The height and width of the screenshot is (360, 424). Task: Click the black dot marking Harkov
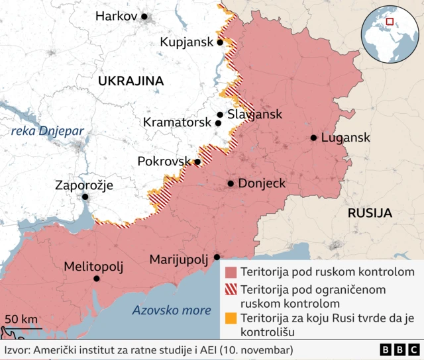pyautogui.click(x=144, y=17)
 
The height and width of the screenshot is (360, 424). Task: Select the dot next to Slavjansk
pyautogui.click(x=220, y=114)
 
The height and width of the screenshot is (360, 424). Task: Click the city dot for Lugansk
pyautogui.click(x=313, y=138)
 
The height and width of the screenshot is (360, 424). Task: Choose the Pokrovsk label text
pyautogui.click(x=164, y=161)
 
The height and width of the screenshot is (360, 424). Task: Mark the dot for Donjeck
pyautogui.click(x=231, y=183)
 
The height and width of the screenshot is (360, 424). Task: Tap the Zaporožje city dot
pyautogui.click(x=85, y=197)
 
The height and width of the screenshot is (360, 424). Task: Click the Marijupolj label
pyautogui.click(x=179, y=258)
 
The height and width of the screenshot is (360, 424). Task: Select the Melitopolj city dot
pyautogui.click(x=97, y=279)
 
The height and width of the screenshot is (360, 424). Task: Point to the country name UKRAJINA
pyautogui.click(x=131, y=81)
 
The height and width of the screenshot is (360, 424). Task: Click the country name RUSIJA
pyautogui.click(x=370, y=213)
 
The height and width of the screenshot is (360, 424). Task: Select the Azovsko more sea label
pyautogui.click(x=171, y=310)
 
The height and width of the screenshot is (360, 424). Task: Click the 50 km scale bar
pyautogui.click(x=23, y=328)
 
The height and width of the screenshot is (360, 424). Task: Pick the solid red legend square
pyautogui.click(x=231, y=272)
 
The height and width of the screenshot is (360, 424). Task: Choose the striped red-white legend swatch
pyautogui.click(x=231, y=290)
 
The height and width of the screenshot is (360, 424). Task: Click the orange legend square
pyautogui.click(x=231, y=318)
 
